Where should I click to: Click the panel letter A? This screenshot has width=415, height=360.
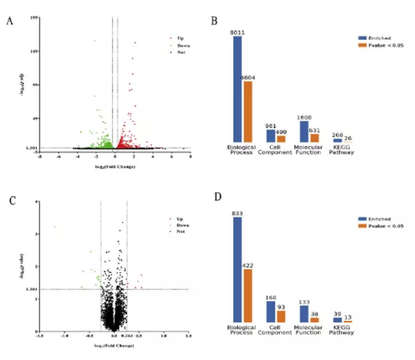(10, 21)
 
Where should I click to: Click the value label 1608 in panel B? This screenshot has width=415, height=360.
(304, 117)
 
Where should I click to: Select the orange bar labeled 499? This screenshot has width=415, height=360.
(281, 138)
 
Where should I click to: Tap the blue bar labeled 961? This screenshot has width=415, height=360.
(270, 135)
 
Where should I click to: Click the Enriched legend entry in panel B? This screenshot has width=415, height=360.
(377, 38)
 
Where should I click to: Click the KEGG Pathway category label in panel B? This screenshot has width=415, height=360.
(341, 149)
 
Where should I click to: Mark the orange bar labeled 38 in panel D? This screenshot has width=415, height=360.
(315, 320)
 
